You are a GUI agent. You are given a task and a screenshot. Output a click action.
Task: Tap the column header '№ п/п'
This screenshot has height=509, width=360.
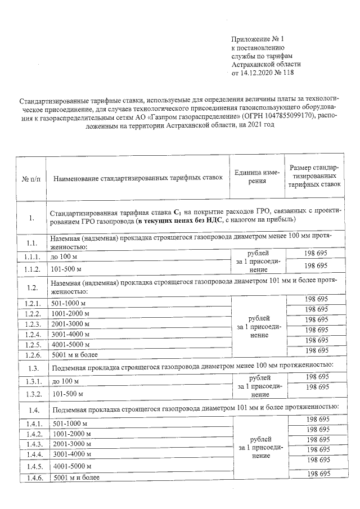click(x=30, y=178)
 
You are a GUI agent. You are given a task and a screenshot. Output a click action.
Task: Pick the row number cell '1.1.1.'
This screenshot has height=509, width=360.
click(x=31, y=256)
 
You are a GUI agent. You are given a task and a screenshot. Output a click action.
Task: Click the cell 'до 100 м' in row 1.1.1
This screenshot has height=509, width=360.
click(x=65, y=256)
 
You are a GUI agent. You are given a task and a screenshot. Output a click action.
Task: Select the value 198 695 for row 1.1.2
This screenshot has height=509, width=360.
click(x=316, y=265)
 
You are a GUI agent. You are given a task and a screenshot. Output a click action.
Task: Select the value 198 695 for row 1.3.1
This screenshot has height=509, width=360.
click(x=316, y=376)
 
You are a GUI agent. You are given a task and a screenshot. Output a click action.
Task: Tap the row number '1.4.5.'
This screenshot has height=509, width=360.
click(x=31, y=466)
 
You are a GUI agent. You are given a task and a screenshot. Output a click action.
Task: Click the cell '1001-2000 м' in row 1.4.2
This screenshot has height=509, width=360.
click(x=71, y=434)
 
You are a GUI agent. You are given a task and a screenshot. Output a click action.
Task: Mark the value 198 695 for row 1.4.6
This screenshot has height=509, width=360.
click(x=316, y=475)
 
